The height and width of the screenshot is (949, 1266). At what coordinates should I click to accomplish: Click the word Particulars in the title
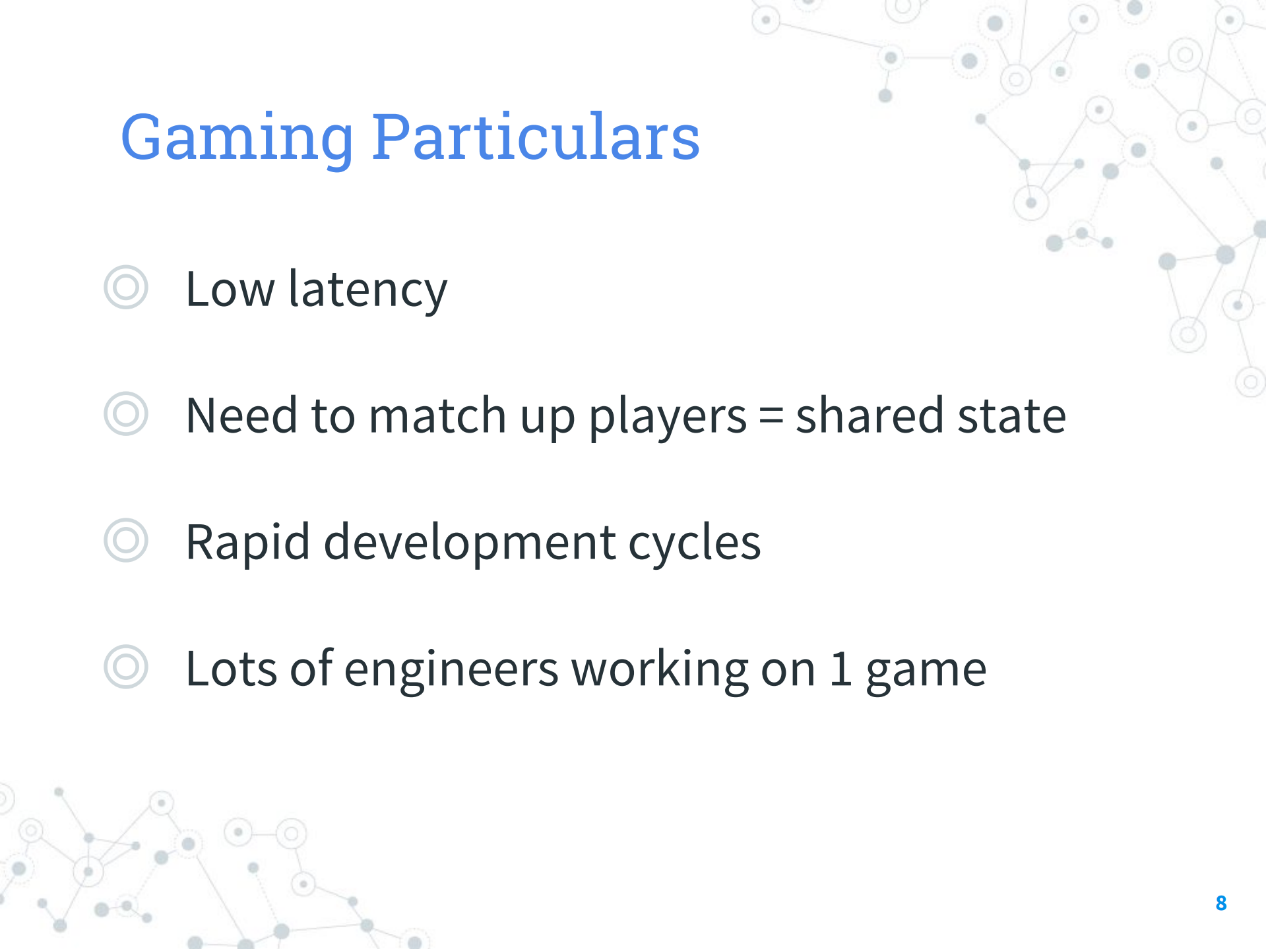tap(536, 137)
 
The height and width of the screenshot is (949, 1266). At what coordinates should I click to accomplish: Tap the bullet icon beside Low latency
tap(125, 288)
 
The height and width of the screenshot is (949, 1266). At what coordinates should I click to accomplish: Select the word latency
tap(368, 291)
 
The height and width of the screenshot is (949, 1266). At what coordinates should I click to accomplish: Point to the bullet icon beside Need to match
tap(125, 414)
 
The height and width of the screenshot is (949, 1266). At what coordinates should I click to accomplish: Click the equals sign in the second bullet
tap(771, 417)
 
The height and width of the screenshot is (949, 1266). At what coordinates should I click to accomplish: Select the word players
tap(668, 417)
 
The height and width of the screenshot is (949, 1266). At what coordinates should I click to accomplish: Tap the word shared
tap(870, 415)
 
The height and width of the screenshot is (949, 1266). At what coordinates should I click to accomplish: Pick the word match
tap(437, 415)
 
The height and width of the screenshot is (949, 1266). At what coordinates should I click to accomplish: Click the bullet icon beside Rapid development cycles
tap(125, 541)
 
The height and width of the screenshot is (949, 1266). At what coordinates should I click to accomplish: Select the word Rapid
tap(248, 543)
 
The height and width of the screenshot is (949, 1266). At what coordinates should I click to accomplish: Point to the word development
tap(470, 543)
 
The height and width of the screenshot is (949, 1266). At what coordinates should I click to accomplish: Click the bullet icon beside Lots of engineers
tap(125, 667)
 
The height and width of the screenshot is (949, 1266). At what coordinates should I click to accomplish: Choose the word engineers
tap(451, 670)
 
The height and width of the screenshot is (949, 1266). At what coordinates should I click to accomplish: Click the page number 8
tap(1221, 903)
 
